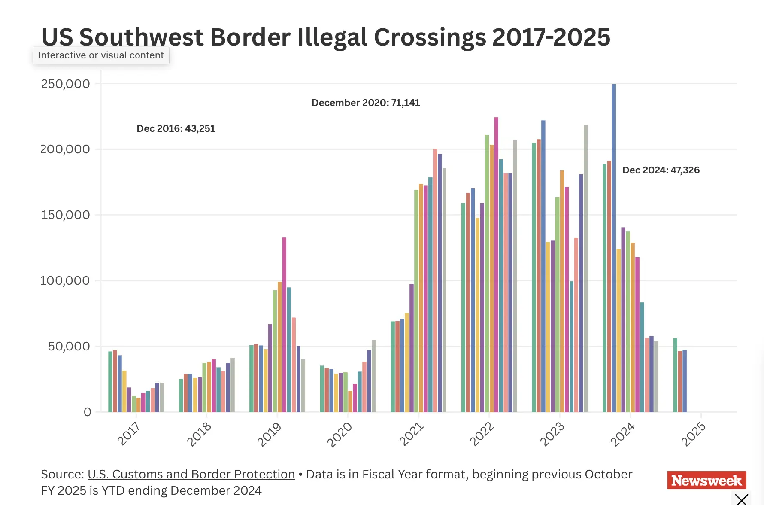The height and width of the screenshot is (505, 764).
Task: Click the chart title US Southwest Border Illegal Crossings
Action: click(325, 37)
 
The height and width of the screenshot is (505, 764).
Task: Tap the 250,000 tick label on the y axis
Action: click(66, 84)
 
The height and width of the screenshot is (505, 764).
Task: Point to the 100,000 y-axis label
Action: click(65, 280)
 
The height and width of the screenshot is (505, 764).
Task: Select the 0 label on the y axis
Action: click(88, 412)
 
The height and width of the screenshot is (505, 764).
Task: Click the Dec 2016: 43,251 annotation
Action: click(176, 128)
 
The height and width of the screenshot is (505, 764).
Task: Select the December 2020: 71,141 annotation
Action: click(366, 103)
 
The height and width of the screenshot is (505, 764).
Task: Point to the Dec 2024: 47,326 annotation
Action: click(661, 170)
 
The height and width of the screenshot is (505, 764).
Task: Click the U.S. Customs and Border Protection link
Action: click(191, 474)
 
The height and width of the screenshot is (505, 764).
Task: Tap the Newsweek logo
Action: click(706, 480)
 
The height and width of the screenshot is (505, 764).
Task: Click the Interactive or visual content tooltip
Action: click(101, 55)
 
